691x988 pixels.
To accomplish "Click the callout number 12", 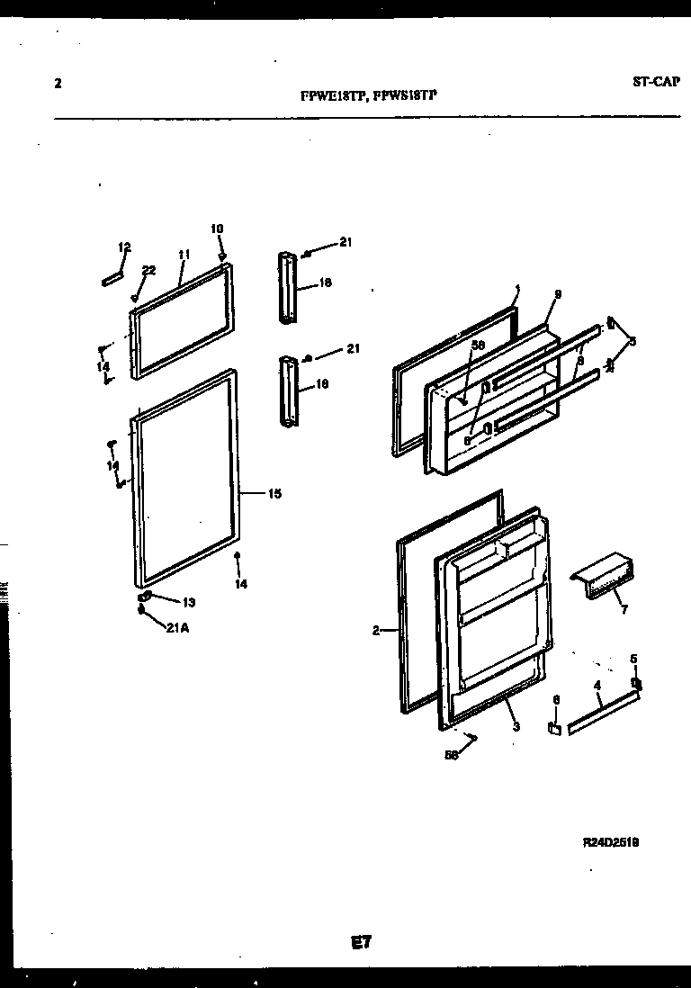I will (124, 247).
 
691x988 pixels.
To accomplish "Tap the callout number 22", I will (148, 270).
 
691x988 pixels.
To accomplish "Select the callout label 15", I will (274, 493).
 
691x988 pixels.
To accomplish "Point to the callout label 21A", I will (176, 628).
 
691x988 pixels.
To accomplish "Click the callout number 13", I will (188, 602).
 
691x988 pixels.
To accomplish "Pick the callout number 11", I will (183, 255).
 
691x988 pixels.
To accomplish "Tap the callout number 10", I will (217, 229).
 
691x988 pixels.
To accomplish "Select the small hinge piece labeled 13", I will (144, 597).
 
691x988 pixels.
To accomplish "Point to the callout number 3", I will (516, 727).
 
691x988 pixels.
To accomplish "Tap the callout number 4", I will (597, 686).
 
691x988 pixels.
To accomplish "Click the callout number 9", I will (558, 294).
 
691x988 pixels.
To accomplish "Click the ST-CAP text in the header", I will (657, 82).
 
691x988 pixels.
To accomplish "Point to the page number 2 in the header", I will (58, 85).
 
